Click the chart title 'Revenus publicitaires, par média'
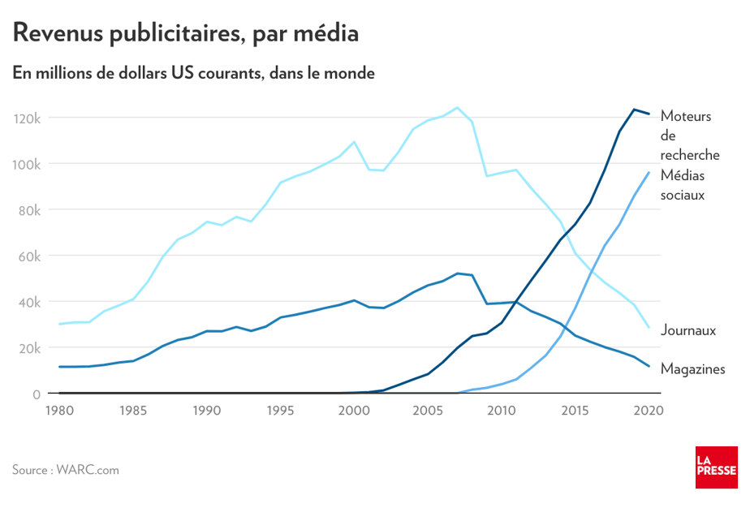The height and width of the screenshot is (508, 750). point(185,33)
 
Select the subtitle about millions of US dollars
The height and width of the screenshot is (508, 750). point(193,73)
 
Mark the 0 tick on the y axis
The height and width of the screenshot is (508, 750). point(36,394)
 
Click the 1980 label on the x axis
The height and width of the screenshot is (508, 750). point(59,411)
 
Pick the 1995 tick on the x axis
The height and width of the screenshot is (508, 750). point(280,411)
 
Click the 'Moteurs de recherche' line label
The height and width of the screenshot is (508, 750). point(686,136)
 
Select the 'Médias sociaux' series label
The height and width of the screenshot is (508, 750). point(683,186)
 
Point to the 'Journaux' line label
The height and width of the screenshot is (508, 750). point(688,330)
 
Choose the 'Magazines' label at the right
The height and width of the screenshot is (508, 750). point(692,369)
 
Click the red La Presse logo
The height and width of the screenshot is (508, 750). point(716,467)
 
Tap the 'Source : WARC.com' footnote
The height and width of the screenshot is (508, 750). point(66,469)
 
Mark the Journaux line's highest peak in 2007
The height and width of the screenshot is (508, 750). point(457,107)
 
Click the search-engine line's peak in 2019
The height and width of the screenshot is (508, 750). point(634,110)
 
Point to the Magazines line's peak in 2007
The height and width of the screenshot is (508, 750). point(458,273)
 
